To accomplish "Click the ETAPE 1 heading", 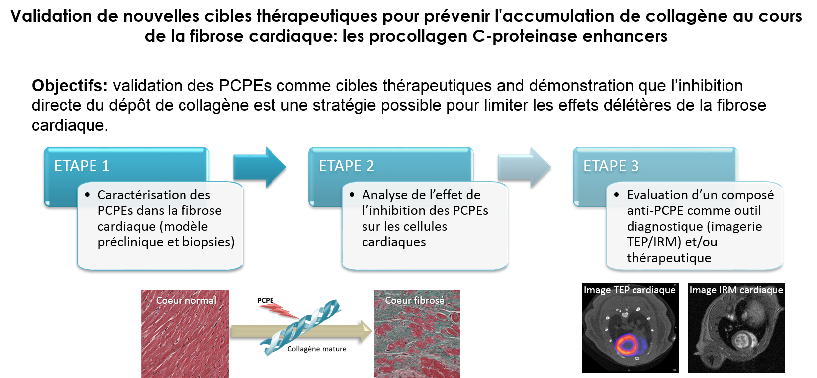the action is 82,166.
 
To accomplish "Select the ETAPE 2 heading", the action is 347,166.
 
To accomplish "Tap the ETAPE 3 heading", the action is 611,166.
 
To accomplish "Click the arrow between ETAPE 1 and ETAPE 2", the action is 260,167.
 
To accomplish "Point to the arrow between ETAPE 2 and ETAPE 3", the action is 524,167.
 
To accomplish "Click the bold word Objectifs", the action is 70,86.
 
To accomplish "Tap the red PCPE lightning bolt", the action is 279,311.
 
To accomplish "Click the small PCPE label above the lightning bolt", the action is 265,300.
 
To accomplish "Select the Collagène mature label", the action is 317,349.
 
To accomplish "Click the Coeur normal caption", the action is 186,300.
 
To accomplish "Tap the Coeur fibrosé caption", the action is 415,300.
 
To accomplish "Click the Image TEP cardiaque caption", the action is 630,290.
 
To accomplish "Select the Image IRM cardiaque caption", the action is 736,290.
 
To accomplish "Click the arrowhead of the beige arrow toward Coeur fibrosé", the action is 366,331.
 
